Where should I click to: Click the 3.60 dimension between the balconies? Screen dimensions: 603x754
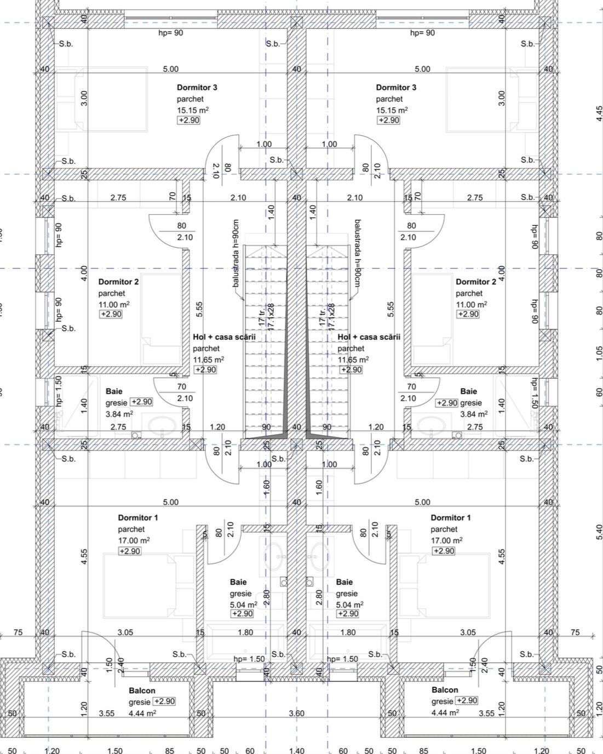(296, 713)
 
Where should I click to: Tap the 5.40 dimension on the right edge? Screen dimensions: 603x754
(599, 532)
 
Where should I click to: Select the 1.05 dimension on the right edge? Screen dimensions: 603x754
(599, 353)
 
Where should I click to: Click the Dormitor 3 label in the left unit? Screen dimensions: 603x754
(197, 87)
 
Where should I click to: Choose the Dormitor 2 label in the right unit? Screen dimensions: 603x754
(476, 282)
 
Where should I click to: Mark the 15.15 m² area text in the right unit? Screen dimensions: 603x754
(392, 110)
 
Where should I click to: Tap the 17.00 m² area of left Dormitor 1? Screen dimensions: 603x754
(134, 540)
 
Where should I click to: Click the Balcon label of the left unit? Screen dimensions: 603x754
(142, 690)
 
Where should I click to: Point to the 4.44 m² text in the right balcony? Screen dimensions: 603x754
(445, 713)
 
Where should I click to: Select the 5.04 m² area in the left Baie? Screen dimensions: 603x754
(243, 605)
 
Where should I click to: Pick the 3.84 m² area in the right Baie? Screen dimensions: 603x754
(474, 414)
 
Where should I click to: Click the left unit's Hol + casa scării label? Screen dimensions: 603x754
(224, 337)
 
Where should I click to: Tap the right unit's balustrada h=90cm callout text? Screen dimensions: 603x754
(357, 253)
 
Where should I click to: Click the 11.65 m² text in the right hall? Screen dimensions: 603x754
(353, 359)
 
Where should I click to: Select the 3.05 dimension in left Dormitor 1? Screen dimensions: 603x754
(125, 632)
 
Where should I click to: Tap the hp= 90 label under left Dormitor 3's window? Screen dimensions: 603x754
(170, 33)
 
